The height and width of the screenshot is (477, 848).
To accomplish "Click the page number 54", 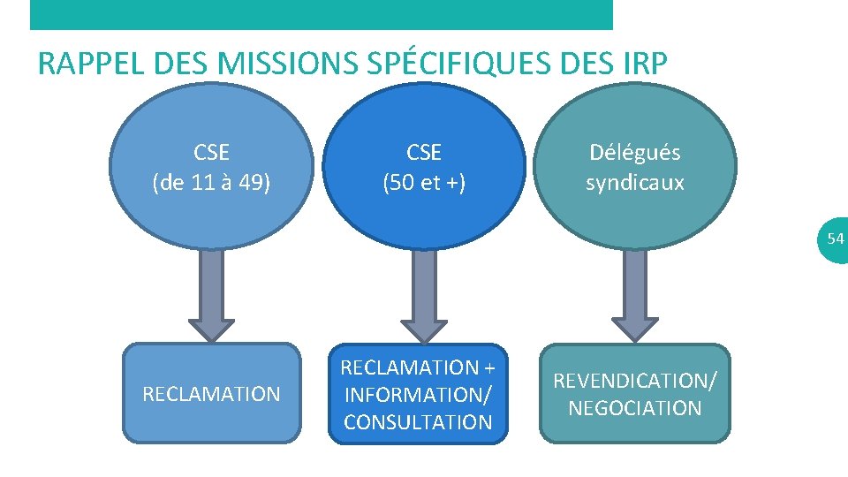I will click(x=835, y=238).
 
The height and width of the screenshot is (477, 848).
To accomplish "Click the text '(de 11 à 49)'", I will click(x=211, y=183).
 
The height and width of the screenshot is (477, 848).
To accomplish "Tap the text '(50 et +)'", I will click(x=424, y=183).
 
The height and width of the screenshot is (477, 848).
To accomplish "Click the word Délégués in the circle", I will click(x=634, y=153).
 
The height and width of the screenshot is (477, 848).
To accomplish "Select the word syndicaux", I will click(x=634, y=183).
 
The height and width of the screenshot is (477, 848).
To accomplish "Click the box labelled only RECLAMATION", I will click(x=211, y=393).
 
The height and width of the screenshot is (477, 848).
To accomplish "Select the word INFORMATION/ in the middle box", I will click(x=418, y=394).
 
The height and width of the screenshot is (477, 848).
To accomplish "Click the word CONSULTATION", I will click(x=418, y=422).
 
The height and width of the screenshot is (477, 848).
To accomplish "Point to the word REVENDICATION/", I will click(x=634, y=381).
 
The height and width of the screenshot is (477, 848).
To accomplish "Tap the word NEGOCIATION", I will click(x=634, y=408).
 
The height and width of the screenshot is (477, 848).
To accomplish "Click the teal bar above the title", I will click(x=321, y=14).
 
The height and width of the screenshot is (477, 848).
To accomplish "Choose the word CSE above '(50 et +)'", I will click(x=424, y=153).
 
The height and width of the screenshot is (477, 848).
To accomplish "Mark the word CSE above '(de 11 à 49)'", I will click(x=211, y=153).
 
